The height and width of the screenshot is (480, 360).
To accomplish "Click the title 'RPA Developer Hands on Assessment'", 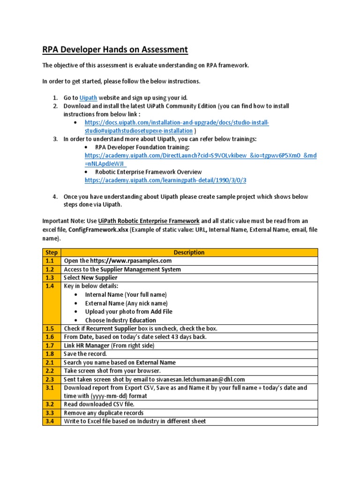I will [x=115, y=50].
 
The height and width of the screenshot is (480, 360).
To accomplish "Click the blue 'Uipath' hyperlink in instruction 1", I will [x=89, y=97].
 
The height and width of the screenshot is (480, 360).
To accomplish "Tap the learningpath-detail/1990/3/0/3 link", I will [x=165, y=180].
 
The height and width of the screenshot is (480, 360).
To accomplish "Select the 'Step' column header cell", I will [x=52, y=252].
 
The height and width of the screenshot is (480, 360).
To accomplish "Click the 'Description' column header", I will [x=189, y=252].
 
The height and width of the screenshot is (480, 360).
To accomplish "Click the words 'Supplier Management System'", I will [x=140, y=269].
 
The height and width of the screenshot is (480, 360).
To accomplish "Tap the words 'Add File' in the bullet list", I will [x=161, y=311].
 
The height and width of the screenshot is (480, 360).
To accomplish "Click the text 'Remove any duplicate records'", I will [x=104, y=413].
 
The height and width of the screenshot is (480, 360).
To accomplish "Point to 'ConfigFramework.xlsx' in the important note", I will [x=98, y=230].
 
